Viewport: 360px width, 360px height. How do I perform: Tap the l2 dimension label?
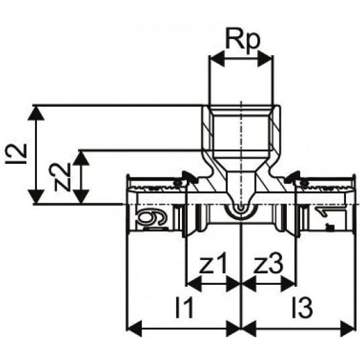[16, 154]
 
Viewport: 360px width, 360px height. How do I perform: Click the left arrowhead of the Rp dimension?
[217, 59]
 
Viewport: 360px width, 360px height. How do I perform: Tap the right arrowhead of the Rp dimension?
[265, 59]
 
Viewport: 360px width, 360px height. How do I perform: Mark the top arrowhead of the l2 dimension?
[36, 114]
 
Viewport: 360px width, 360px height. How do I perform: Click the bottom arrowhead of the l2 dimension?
[36, 197]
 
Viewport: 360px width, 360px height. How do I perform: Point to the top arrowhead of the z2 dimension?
[81, 158]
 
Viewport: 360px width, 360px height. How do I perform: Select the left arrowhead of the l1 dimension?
[134, 329]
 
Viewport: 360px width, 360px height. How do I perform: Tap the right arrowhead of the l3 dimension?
[347, 329]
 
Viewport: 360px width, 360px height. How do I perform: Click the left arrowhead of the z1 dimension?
[194, 284]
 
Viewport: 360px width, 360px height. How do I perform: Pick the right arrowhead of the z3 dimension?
[287, 284]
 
